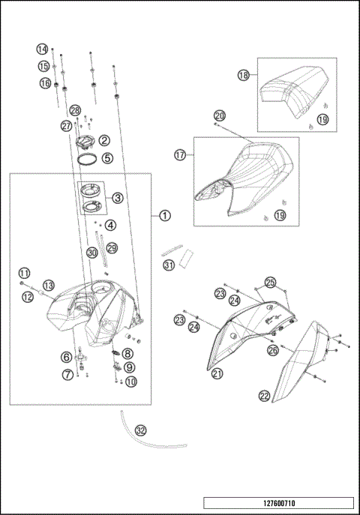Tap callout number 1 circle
click(164, 214)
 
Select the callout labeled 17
click(180, 155)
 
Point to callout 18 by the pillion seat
click(244, 75)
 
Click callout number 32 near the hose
click(140, 430)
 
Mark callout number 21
click(217, 373)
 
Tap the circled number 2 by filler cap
click(104, 139)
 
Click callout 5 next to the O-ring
click(107, 158)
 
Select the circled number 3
click(117, 198)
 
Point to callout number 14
click(43, 49)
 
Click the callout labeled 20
click(219, 115)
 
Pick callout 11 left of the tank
click(24, 272)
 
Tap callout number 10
click(131, 381)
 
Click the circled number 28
click(75, 111)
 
